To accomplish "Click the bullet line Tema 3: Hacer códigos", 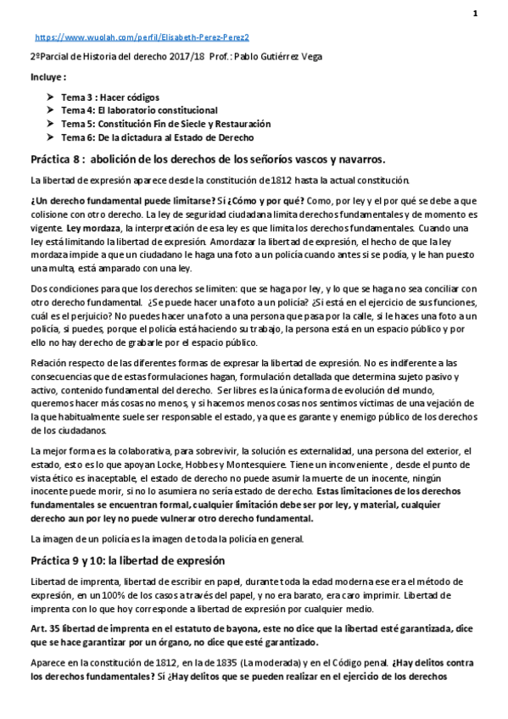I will (x=109, y=98).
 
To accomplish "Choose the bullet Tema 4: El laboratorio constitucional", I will (x=139, y=110).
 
